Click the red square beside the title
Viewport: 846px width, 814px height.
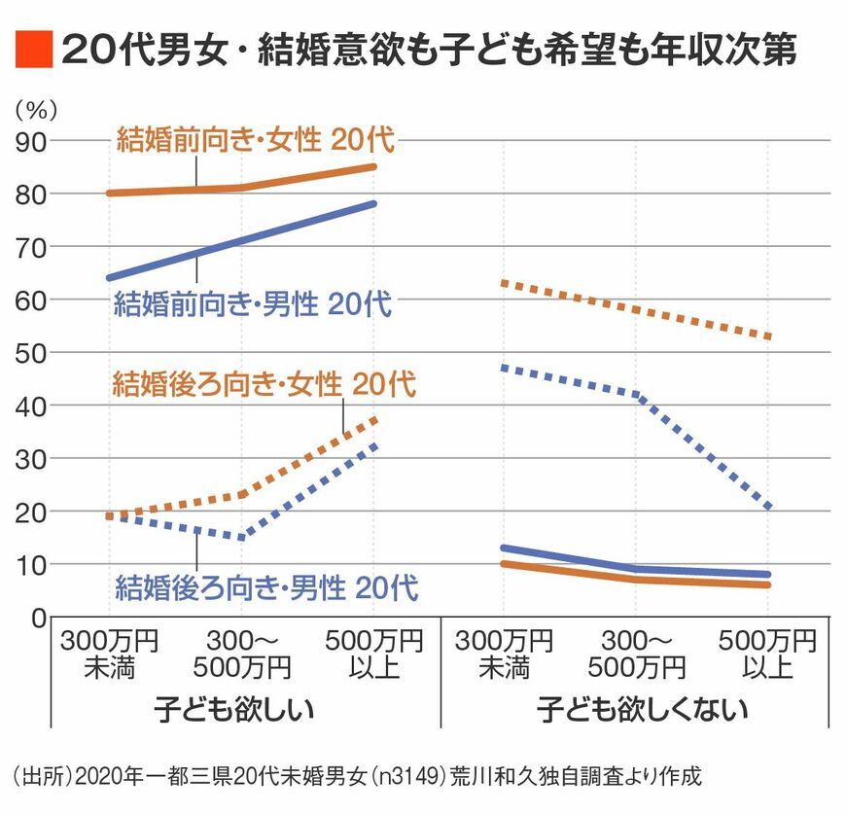click(x=33, y=49)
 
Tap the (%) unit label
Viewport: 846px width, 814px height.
click(x=36, y=111)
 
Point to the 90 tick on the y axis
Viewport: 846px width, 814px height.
click(x=31, y=142)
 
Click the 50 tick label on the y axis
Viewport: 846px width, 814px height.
click(x=31, y=353)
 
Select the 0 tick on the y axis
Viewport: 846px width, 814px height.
click(x=39, y=619)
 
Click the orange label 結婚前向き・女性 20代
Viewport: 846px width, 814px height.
click(x=255, y=140)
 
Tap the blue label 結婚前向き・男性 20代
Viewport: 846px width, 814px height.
click(x=253, y=303)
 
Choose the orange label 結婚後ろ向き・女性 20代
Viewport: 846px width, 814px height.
click(x=264, y=384)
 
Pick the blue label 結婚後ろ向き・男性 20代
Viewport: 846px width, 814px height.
click(x=266, y=587)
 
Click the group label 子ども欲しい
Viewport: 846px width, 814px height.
click(x=233, y=709)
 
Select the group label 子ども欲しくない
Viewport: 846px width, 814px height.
click(x=642, y=709)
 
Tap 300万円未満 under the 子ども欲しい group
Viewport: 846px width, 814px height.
click(x=109, y=654)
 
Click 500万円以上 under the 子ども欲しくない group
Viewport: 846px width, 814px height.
click(x=767, y=654)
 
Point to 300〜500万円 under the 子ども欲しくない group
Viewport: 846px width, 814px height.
click(x=636, y=654)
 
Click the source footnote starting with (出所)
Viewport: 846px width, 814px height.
click(x=357, y=776)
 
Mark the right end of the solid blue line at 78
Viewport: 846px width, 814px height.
click(x=373, y=204)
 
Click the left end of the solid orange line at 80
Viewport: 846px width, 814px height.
click(x=110, y=194)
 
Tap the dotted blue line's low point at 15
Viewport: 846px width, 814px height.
click(x=241, y=537)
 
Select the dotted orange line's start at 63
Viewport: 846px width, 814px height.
click(x=504, y=283)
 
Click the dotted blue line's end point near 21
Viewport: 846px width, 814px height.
click(x=767, y=506)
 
